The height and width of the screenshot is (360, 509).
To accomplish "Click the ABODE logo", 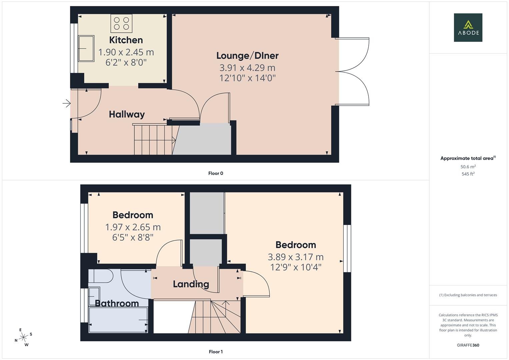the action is click(468, 27).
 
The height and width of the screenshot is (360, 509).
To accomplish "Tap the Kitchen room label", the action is click(126, 40).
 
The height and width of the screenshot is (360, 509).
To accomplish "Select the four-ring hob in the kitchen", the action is click(121, 23).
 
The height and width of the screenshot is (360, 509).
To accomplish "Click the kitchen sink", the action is click(86, 48).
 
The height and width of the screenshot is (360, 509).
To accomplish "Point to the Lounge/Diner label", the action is click(247, 56).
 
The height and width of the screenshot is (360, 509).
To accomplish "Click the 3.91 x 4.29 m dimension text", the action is click(247, 68).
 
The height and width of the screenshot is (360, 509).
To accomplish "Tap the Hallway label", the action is click(127, 114).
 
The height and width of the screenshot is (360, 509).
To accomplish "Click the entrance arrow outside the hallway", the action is click(67, 103).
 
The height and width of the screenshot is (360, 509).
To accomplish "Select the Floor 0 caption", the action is click(216, 173).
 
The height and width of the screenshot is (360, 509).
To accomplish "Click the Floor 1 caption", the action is click(216, 352).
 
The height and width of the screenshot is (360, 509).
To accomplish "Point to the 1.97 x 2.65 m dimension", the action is click(133, 227).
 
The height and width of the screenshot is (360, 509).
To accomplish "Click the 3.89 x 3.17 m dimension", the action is click(296, 257).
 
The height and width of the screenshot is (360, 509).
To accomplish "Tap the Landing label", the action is click(191, 284).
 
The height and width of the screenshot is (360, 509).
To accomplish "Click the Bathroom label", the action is click(117, 303).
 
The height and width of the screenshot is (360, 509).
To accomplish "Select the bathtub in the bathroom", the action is click(118, 320).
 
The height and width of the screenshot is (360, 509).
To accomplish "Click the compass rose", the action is click(23, 337).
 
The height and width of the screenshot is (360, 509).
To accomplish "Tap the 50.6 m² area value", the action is click(468, 167).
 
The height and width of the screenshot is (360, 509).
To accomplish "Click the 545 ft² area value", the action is click(468, 174).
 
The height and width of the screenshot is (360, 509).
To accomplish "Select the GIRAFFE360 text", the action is click(468, 345).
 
